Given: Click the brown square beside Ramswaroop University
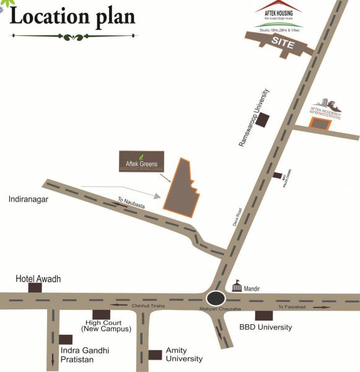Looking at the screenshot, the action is tap(264, 120).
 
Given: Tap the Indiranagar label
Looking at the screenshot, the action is tap(29, 200).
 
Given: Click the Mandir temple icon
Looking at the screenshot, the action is tap(236, 286).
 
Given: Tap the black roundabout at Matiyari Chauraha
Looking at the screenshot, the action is tap(216, 298).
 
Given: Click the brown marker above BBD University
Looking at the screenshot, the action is tap(263, 315).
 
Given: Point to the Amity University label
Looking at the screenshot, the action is tap(184, 355).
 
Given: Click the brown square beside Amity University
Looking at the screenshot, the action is tap(155, 355).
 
